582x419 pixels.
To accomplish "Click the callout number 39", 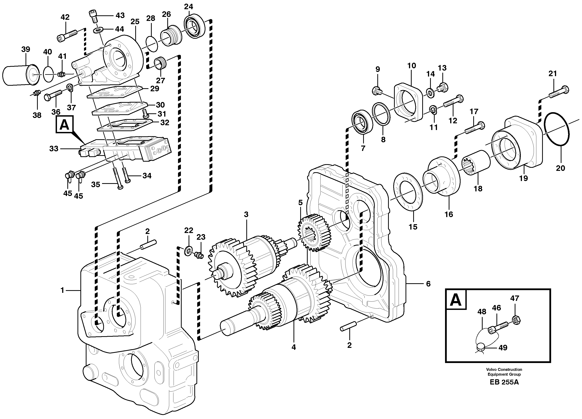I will tap(26, 49).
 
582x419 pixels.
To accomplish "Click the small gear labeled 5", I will tap(314, 232).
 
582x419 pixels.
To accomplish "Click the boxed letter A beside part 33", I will tap(64, 125).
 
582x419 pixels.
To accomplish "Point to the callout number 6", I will tap(428, 284).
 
